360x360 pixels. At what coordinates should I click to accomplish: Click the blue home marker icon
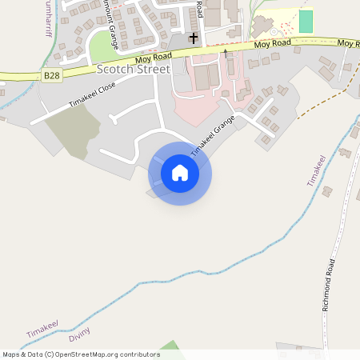(x=180, y=172)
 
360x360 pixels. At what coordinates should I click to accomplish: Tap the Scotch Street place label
(x=133, y=70)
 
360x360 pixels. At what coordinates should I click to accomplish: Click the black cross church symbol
(x=194, y=38)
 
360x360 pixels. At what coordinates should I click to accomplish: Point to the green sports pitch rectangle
(x=306, y=22)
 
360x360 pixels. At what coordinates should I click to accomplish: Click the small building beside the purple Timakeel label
(x=327, y=191)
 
